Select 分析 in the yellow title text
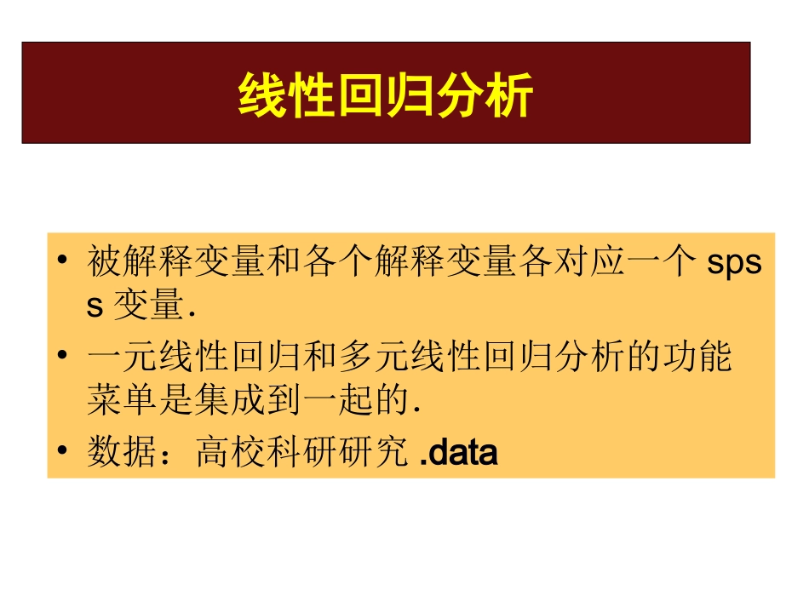pos(483,94)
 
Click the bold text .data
pos(459,452)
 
